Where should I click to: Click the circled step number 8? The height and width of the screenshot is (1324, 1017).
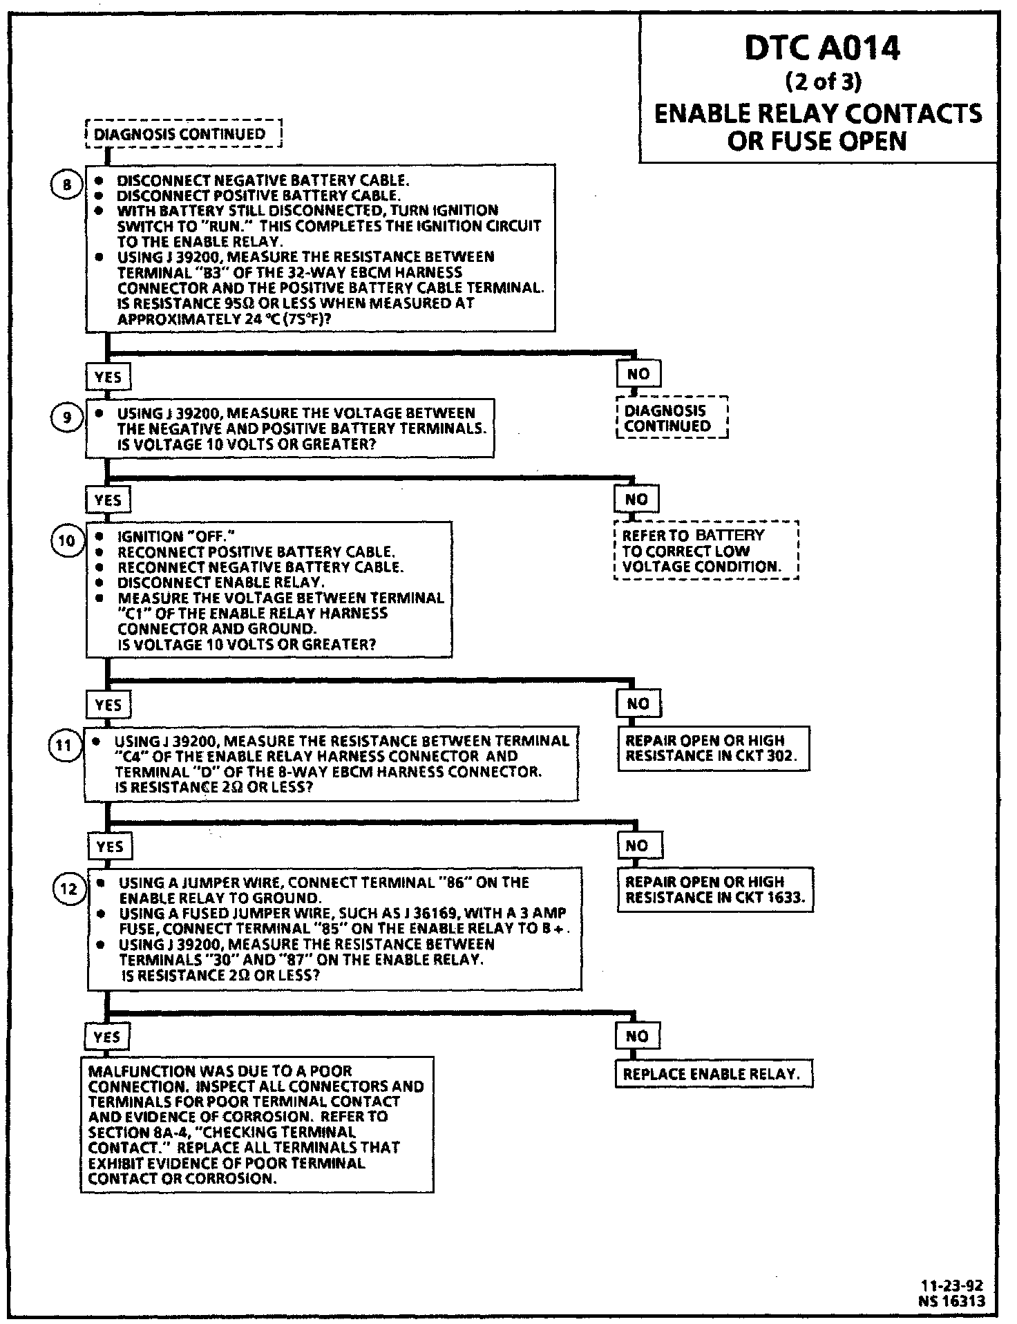(67, 185)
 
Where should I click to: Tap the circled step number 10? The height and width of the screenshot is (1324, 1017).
(67, 540)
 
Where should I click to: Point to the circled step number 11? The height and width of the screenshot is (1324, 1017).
(64, 746)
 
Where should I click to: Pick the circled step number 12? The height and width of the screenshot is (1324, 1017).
(68, 889)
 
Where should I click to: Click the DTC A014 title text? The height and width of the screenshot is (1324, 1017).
(821, 49)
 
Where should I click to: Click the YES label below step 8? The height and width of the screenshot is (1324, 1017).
(108, 377)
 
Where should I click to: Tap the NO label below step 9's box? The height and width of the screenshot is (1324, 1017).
(637, 499)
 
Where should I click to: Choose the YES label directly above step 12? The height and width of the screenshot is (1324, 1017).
(111, 847)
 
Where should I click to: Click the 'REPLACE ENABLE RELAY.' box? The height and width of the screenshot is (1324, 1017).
(713, 1075)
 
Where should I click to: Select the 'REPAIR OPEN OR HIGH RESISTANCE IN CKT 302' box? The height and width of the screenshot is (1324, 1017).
(713, 748)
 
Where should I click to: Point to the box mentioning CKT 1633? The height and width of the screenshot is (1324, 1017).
(715, 890)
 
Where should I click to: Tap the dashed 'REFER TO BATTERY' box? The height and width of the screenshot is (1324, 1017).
(705, 551)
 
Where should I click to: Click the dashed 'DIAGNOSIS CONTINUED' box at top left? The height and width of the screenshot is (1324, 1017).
(183, 134)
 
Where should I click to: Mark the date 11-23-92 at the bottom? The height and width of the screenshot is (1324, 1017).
(952, 1286)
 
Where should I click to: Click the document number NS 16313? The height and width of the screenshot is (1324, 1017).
(952, 1301)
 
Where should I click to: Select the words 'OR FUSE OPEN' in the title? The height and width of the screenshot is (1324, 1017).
(817, 141)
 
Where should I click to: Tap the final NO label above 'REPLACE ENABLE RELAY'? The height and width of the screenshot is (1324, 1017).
(637, 1036)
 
